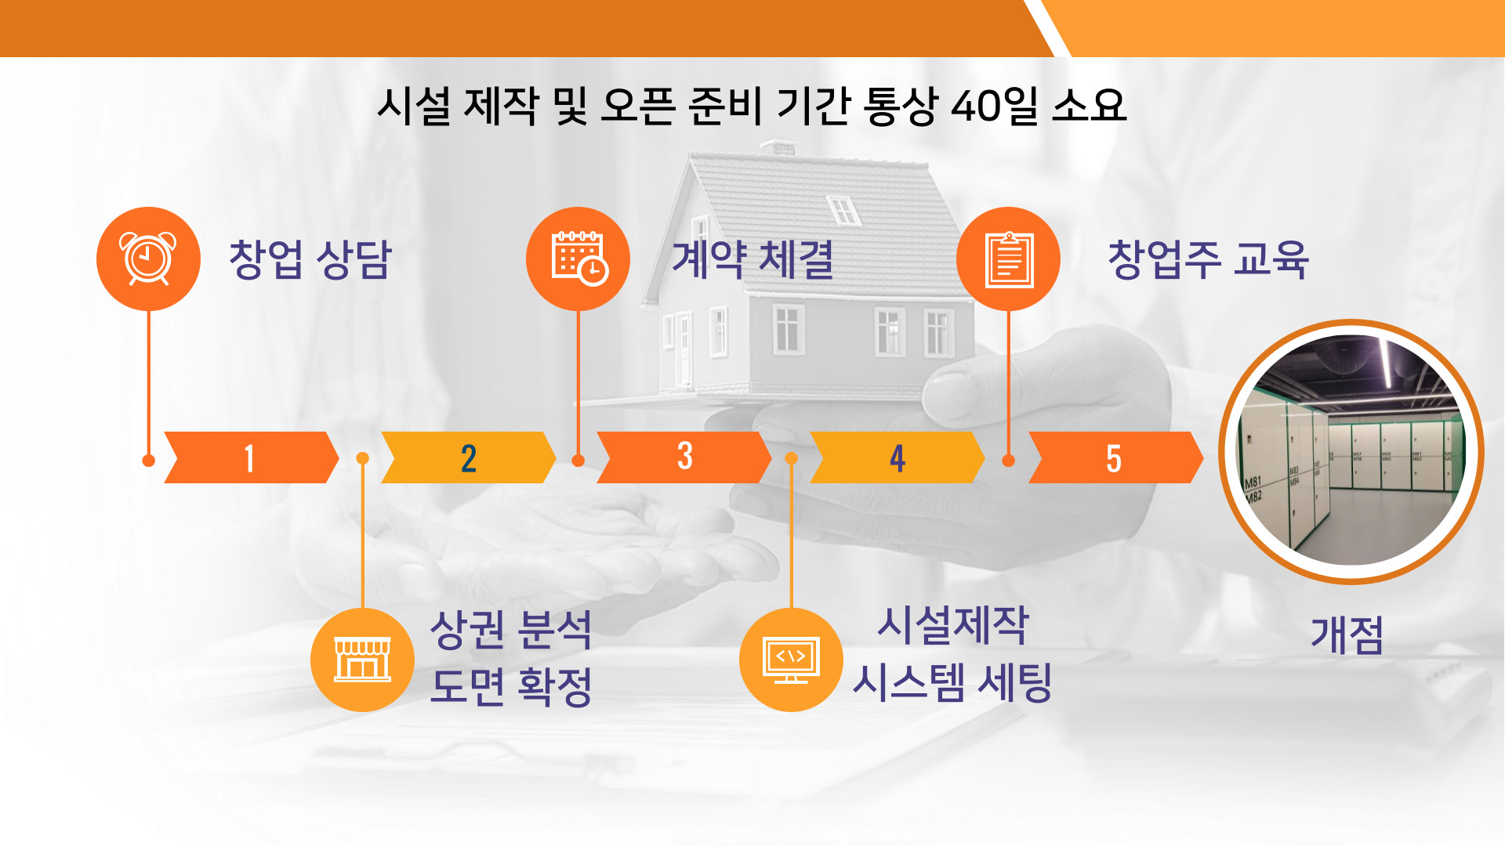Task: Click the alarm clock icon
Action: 148,258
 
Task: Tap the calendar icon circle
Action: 578,258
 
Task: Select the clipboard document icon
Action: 1008,258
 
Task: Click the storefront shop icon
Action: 362,660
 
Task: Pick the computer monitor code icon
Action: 791,660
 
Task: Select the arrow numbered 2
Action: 468,457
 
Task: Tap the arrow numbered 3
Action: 684,457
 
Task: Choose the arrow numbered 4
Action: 898,457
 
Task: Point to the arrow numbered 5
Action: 1115,457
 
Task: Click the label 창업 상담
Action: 310,259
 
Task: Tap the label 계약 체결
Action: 752,259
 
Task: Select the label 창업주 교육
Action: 1208,259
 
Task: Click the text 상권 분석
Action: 511,629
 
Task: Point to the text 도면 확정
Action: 511,686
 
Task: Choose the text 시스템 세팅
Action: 952,682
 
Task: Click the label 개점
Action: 1347,634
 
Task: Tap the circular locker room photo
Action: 1351,452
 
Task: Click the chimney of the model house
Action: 778,147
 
